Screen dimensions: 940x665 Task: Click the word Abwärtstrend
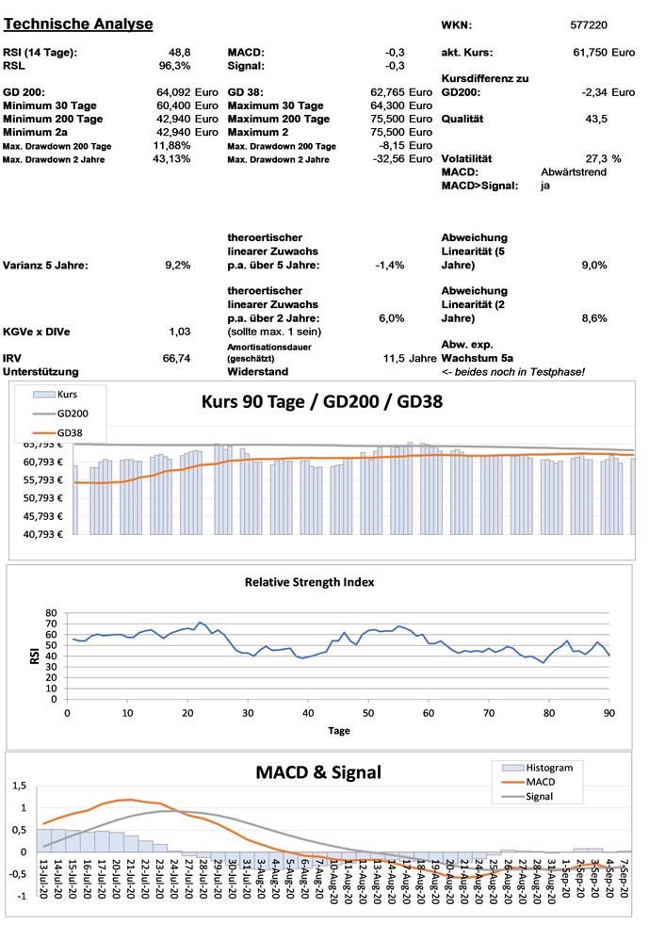pos(574,172)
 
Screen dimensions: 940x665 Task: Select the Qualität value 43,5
pos(596,119)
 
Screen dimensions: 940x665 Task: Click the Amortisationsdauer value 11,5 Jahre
pos(410,359)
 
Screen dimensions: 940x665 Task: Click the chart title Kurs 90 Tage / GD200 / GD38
pos(323,401)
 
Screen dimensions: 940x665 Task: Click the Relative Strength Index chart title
pos(309,582)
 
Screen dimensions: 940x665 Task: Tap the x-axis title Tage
pos(339,730)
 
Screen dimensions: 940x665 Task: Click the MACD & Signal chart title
pos(318,772)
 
